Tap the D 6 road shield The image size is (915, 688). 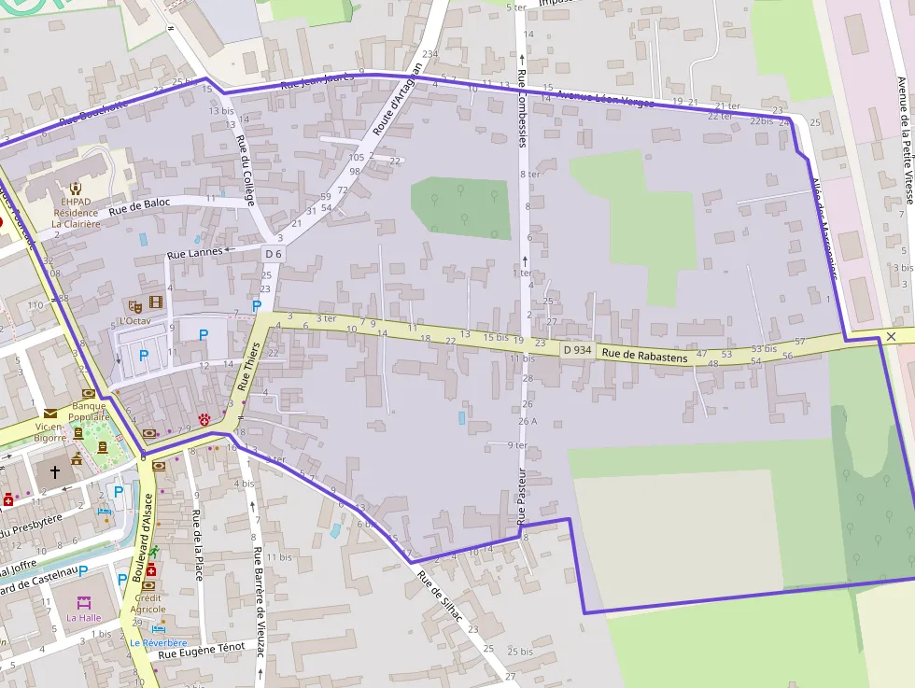tap(273, 254)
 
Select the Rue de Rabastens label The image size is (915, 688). tap(644, 355)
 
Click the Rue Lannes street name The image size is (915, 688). tap(194, 253)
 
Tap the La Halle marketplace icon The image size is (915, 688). tap(84, 602)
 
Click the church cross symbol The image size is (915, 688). tap(54, 472)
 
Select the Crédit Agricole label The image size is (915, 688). tap(148, 603)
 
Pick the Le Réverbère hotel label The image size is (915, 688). tap(158, 643)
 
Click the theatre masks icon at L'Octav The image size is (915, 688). tap(135, 304)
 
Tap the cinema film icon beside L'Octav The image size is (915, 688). tap(155, 302)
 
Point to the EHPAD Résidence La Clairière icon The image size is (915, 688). tap(75, 188)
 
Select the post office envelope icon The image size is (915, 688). tap(49, 412)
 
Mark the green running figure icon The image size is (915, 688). tap(154, 552)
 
